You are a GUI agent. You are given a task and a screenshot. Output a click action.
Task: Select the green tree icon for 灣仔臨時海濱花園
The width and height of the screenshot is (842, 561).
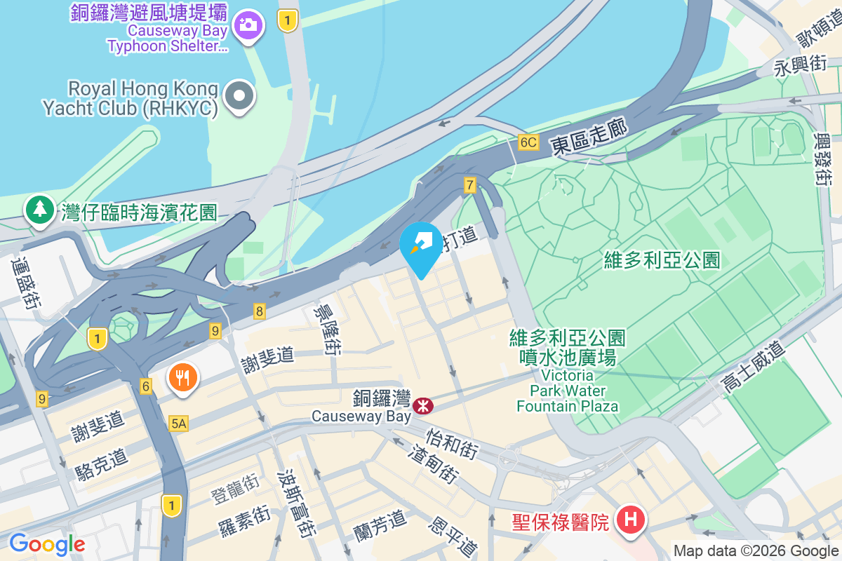tap(40, 209)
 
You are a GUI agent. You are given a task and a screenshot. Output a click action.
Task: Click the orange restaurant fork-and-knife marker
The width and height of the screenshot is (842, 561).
tap(183, 378)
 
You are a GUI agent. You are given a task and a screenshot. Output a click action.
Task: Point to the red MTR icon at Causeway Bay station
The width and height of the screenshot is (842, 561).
tap(423, 405)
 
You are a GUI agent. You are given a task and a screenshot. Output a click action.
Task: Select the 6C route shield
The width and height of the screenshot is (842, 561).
tap(528, 142)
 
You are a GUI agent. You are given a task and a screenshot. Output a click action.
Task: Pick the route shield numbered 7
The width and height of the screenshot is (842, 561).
tap(470, 185)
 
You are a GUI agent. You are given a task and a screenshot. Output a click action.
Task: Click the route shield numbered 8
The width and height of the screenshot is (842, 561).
tap(260, 311)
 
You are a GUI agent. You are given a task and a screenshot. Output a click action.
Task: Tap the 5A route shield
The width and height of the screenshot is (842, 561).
tap(179, 423)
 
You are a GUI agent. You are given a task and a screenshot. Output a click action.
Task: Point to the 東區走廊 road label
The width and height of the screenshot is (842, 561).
tap(588, 135)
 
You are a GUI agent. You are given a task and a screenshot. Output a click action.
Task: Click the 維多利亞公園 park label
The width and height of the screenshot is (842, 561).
tap(662, 260)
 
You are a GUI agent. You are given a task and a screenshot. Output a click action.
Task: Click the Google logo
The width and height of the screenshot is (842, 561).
tap(47, 543)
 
